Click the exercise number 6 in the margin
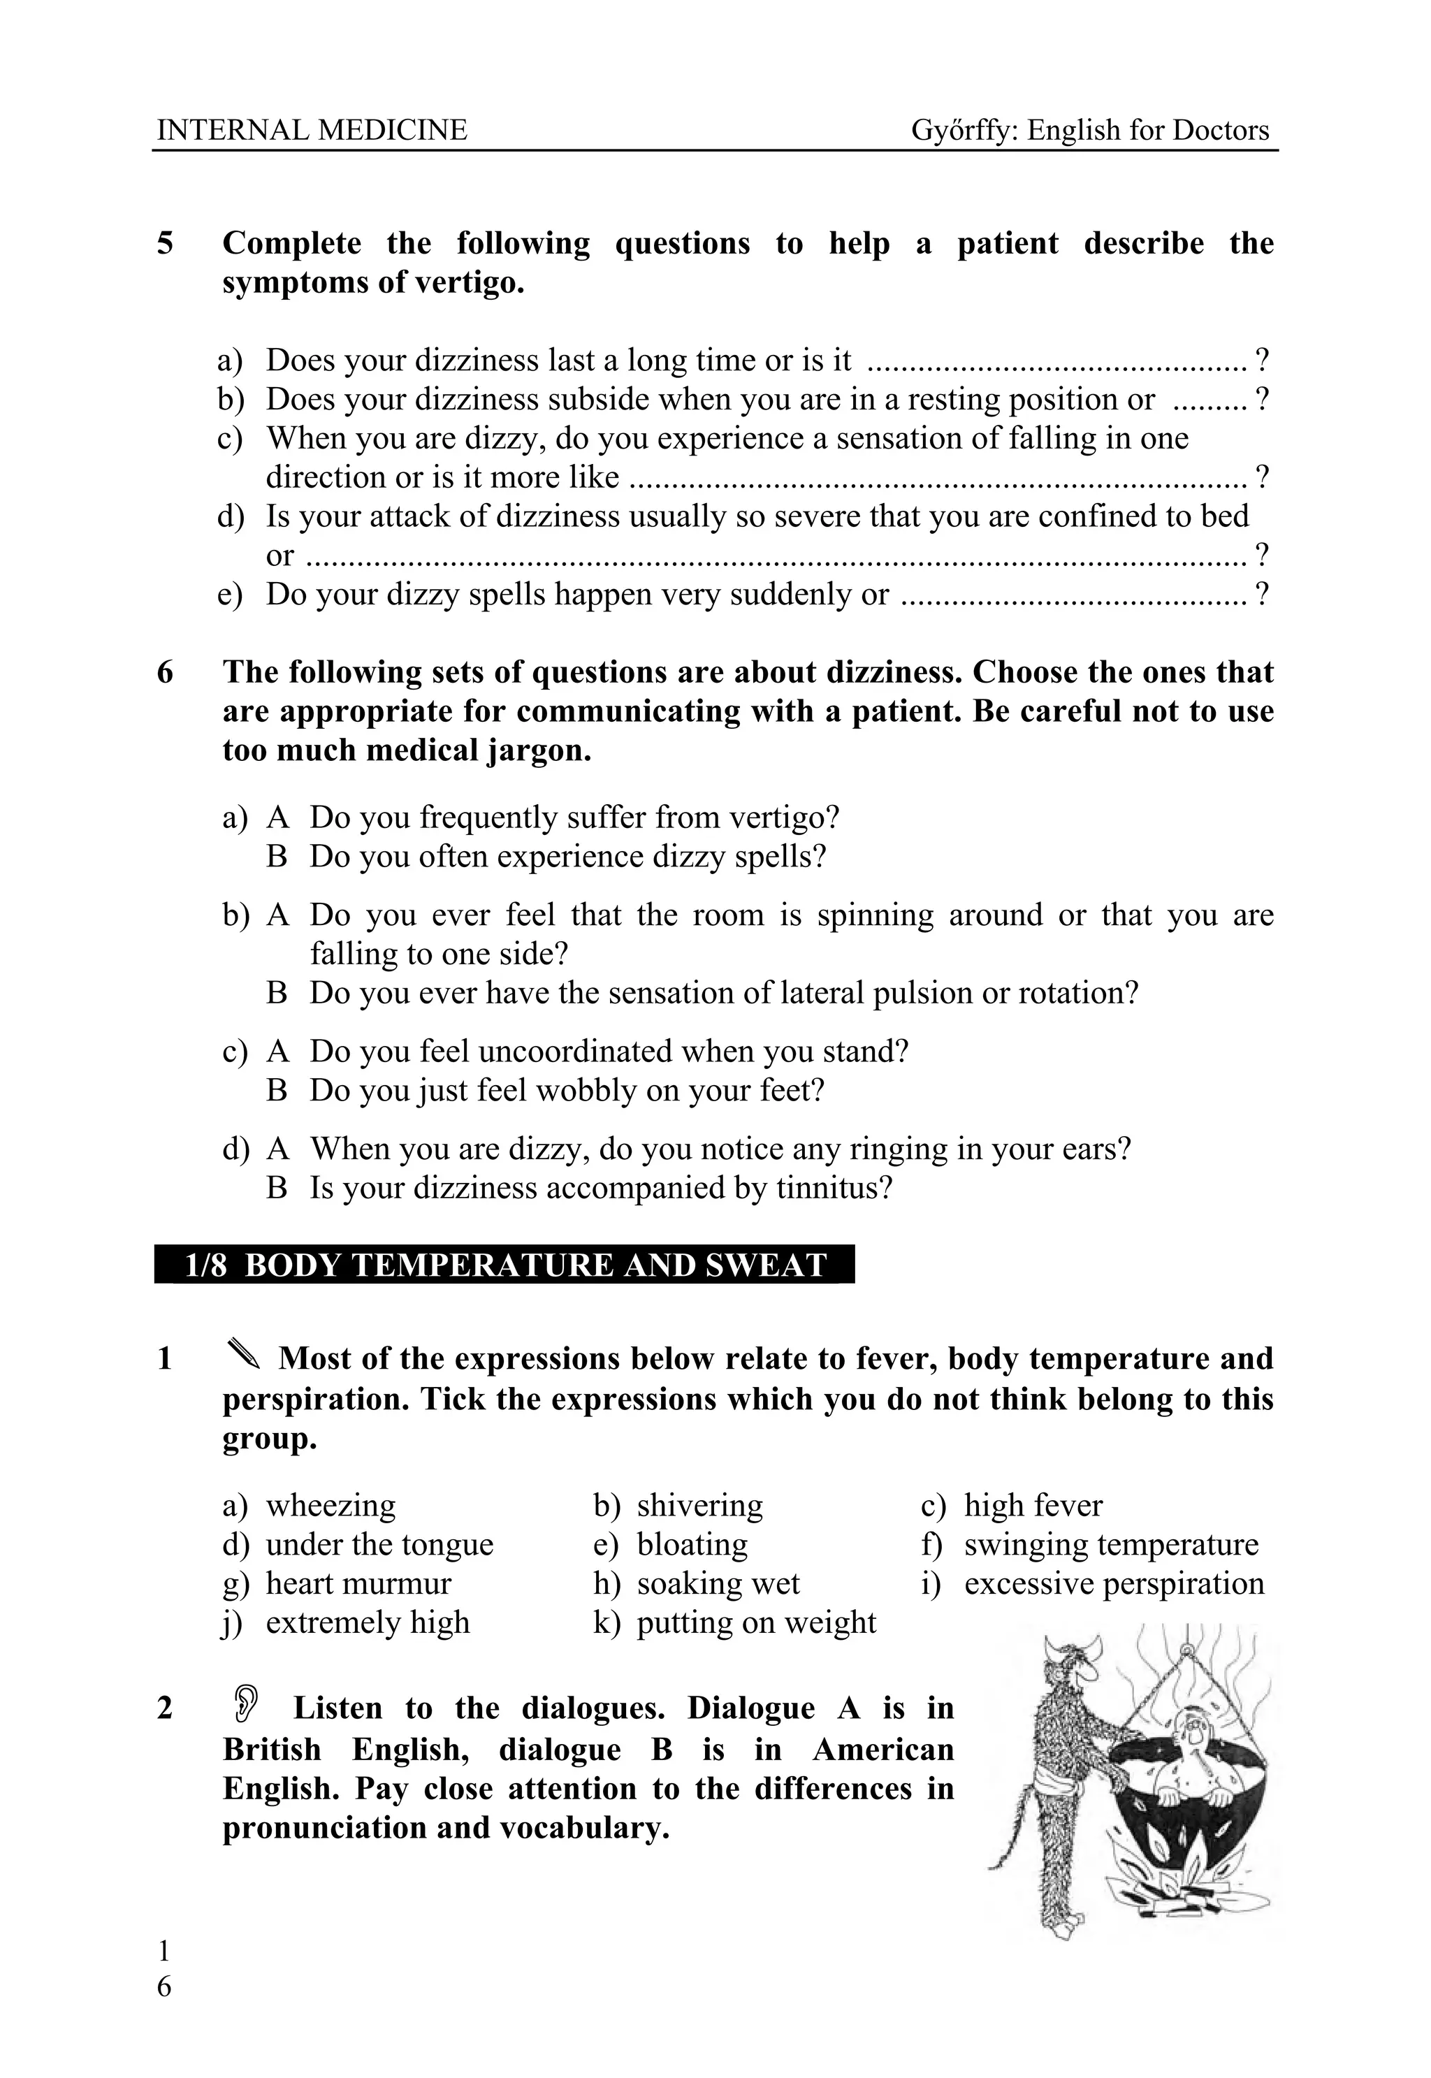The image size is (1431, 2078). point(165,672)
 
